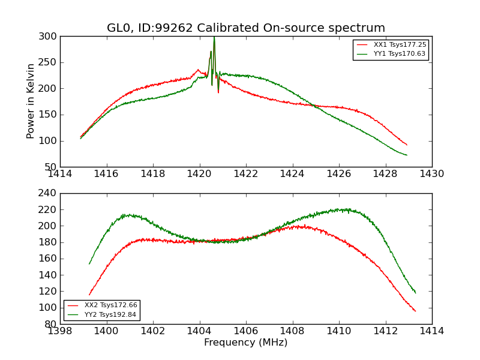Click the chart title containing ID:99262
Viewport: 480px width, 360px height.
point(246,28)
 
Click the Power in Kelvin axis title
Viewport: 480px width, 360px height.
point(31,101)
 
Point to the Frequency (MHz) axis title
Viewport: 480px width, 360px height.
point(246,343)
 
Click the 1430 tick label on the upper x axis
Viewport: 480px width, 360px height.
point(432,174)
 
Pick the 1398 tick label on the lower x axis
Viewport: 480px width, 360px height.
point(60,331)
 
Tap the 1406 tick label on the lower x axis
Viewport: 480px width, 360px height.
point(246,331)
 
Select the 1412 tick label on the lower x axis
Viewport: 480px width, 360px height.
point(385,331)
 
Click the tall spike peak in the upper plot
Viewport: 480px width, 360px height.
point(214,38)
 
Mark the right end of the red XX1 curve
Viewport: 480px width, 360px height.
point(407,145)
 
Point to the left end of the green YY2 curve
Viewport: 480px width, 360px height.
point(89,264)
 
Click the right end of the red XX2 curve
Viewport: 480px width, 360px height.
point(415,311)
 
